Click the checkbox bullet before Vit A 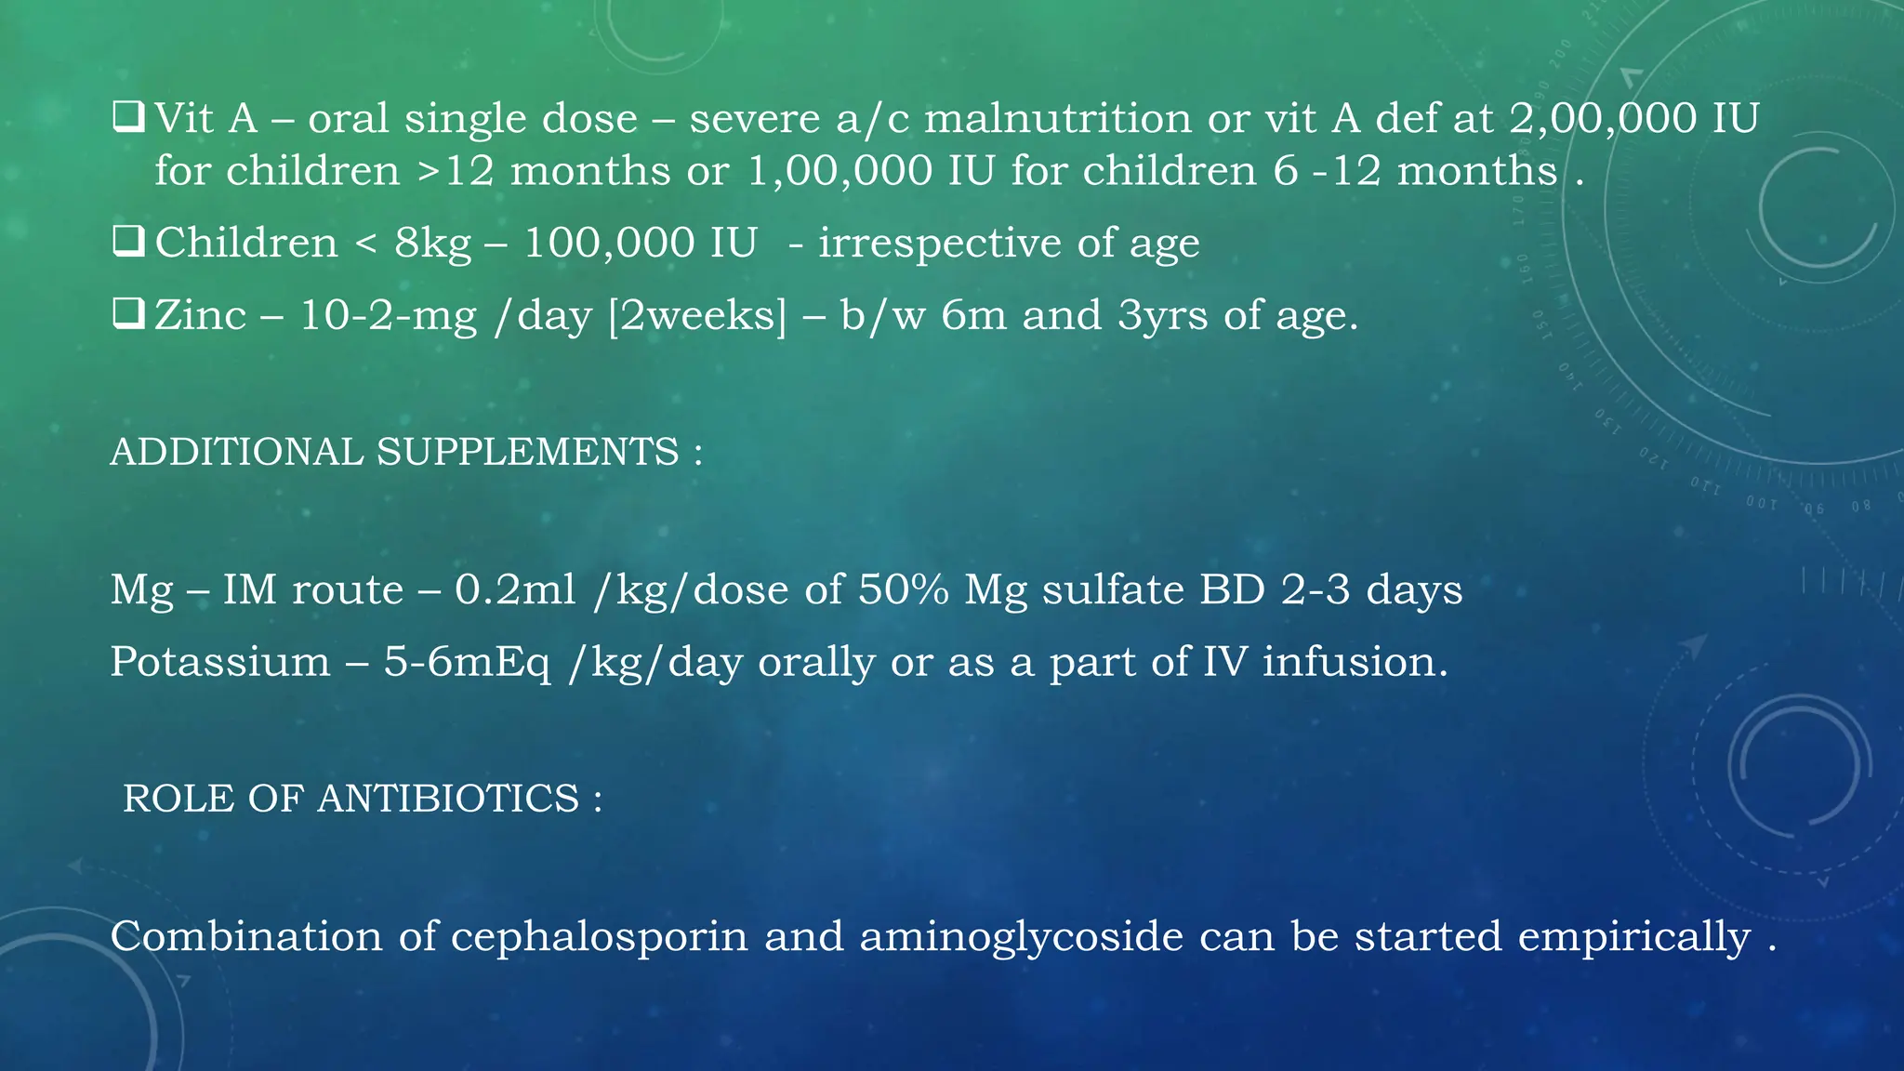coord(127,118)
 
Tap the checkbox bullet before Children coord(127,243)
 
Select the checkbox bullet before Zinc coord(127,315)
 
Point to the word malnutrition coord(1058,119)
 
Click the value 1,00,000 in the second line coord(840,171)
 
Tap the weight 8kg coord(433,244)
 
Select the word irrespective coord(939,244)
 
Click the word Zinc coord(200,315)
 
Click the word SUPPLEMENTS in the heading coord(527,453)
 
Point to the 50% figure coord(903,589)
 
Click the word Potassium coord(220,662)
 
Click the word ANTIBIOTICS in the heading coord(448,799)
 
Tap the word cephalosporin coord(600,936)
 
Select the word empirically coord(1634,936)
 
